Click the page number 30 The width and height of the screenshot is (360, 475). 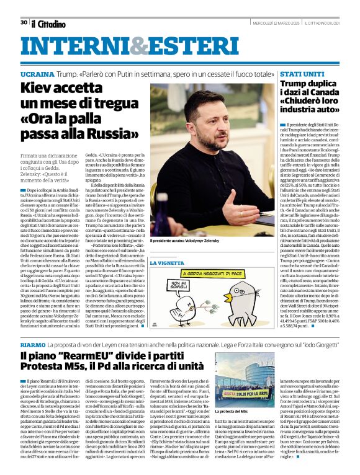(x=24, y=23)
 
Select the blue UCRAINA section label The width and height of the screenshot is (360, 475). (x=37, y=74)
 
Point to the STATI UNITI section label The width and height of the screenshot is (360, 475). (x=300, y=74)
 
